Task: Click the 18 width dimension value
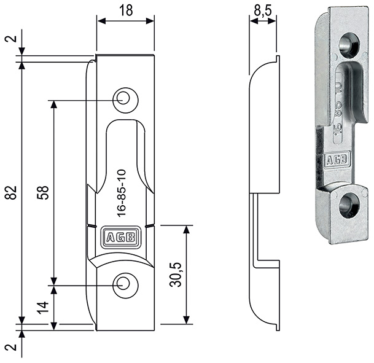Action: click(x=125, y=9)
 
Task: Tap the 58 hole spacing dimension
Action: click(x=43, y=192)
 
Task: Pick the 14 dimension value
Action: click(x=43, y=306)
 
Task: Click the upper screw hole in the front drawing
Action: click(x=125, y=98)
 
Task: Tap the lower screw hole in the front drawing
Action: click(x=125, y=284)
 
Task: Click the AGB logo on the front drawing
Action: click(x=122, y=238)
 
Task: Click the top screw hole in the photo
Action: click(x=350, y=44)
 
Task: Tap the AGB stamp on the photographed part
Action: click(x=338, y=160)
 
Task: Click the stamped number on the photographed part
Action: click(x=337, y=107)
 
